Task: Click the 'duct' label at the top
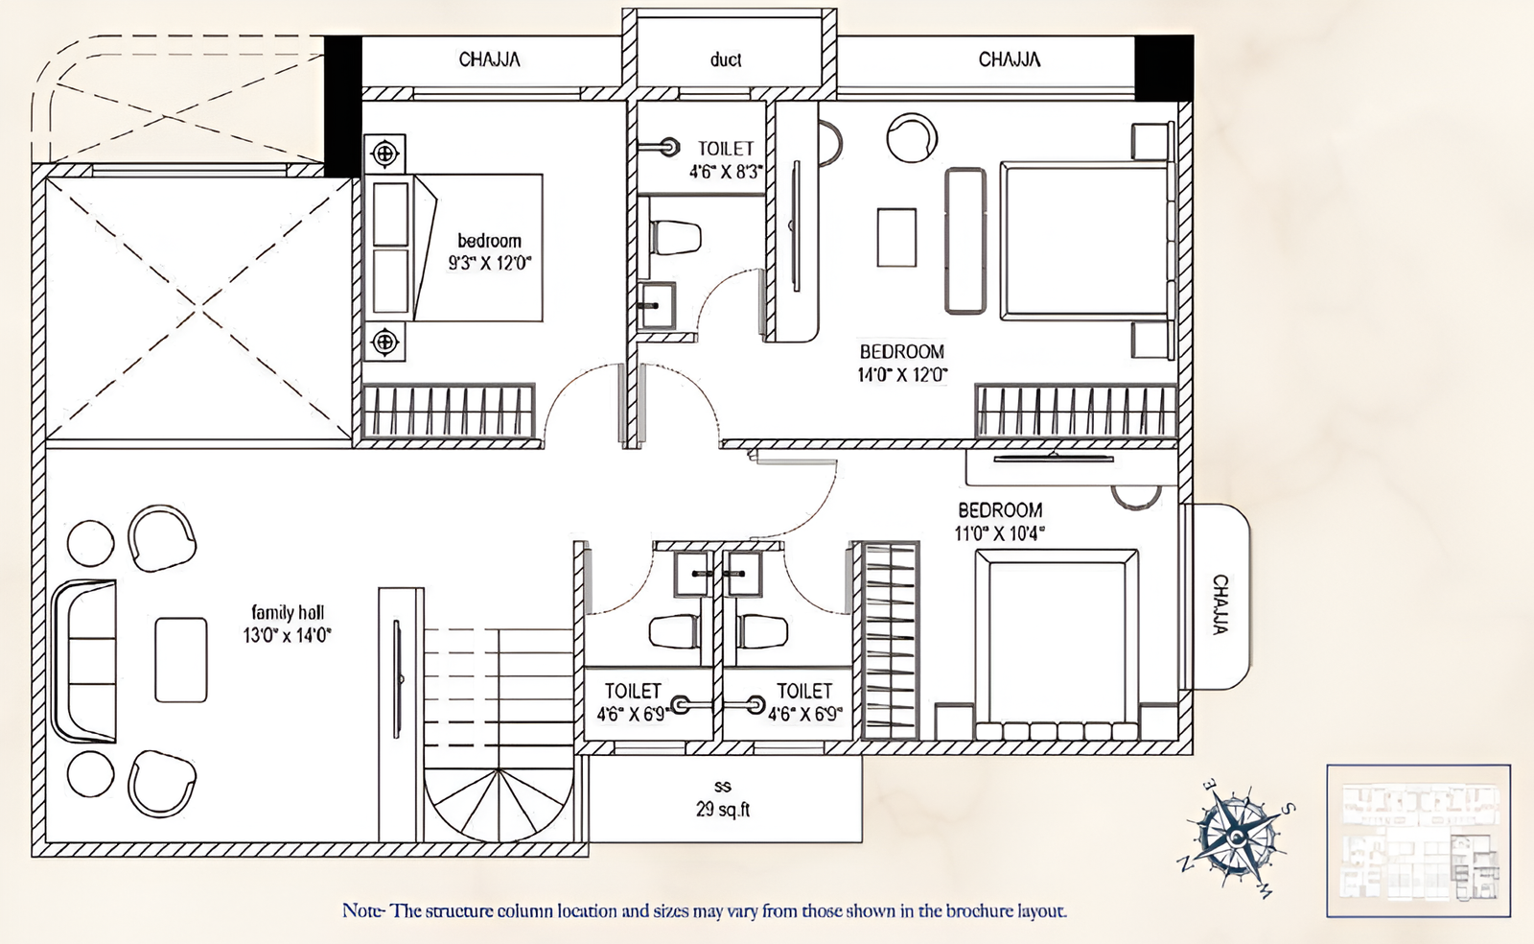726,59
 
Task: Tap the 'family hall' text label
288,612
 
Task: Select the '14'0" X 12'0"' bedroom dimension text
902,375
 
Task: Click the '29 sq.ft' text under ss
723,810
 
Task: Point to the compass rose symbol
1236,837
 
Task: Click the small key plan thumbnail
1418,840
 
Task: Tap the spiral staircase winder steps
499,806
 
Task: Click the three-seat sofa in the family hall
84,661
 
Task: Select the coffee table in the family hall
181,660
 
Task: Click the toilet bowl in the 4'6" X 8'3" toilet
675,237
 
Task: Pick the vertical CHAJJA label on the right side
1220,604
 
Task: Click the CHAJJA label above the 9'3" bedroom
489,59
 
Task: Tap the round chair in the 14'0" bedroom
911,138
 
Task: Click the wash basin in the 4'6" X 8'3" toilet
657,306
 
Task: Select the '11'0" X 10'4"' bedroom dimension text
999,533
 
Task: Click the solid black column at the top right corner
1164,67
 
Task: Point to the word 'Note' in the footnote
362,910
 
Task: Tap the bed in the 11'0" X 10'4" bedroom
1057,643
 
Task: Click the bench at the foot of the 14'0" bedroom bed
965,241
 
